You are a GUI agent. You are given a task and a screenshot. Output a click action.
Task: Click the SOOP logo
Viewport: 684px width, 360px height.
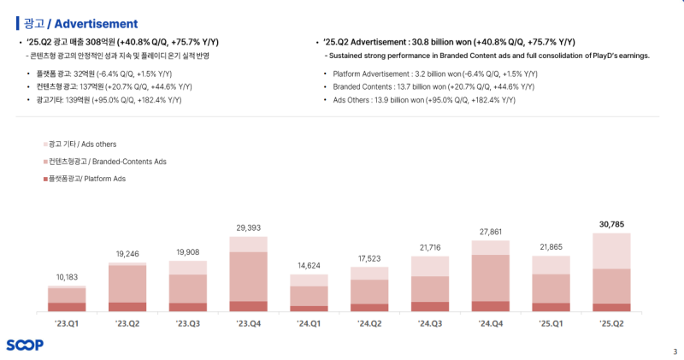pos(25,345)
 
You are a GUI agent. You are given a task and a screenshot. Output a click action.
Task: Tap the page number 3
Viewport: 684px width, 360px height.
pos(675,351)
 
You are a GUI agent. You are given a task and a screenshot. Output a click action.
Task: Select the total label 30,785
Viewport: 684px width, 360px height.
pos(611,224)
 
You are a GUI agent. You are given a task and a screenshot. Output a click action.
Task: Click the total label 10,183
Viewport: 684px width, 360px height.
pos(67,277)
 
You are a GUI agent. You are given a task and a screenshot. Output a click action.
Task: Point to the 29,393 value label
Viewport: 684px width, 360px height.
pos(248,227)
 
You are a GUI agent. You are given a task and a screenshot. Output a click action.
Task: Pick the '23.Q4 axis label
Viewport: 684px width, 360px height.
pos(248,324)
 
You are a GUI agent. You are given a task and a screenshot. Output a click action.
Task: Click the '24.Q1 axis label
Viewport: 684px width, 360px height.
pos(309,324)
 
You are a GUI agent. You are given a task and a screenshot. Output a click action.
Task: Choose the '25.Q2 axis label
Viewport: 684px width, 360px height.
pos(611,324)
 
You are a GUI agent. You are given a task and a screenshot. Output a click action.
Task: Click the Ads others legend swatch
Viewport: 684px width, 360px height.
pos(44,144)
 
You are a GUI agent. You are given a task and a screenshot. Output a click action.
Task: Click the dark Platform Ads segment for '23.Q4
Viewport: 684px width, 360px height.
pos(248,306)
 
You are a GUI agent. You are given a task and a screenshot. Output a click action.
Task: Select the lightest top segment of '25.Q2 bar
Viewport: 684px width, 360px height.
pos(611,251)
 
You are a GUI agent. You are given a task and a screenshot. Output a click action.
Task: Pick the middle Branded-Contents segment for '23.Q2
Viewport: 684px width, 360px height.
pos(127,284)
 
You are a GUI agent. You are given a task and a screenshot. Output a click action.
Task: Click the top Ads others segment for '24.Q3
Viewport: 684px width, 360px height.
pos(430,266)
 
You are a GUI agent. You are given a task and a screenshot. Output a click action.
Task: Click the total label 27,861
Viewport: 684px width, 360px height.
pos(491,232)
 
